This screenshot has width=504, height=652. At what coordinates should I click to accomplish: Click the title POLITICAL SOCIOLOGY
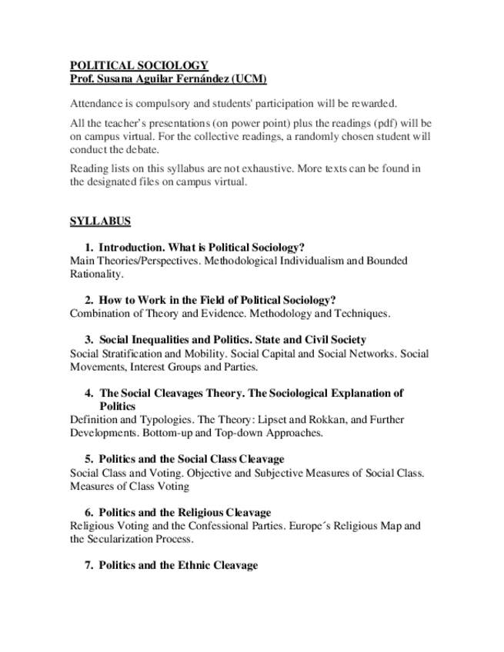[x=139, y=66]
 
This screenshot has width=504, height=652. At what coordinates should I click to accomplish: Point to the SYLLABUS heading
[x=100, y=221]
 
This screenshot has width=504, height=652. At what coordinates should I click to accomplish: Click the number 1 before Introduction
[x=88, y=248]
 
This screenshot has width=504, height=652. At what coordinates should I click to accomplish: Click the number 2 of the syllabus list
[x=88, y=300]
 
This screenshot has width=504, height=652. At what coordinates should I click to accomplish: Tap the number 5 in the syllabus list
[x=88, y=459]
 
